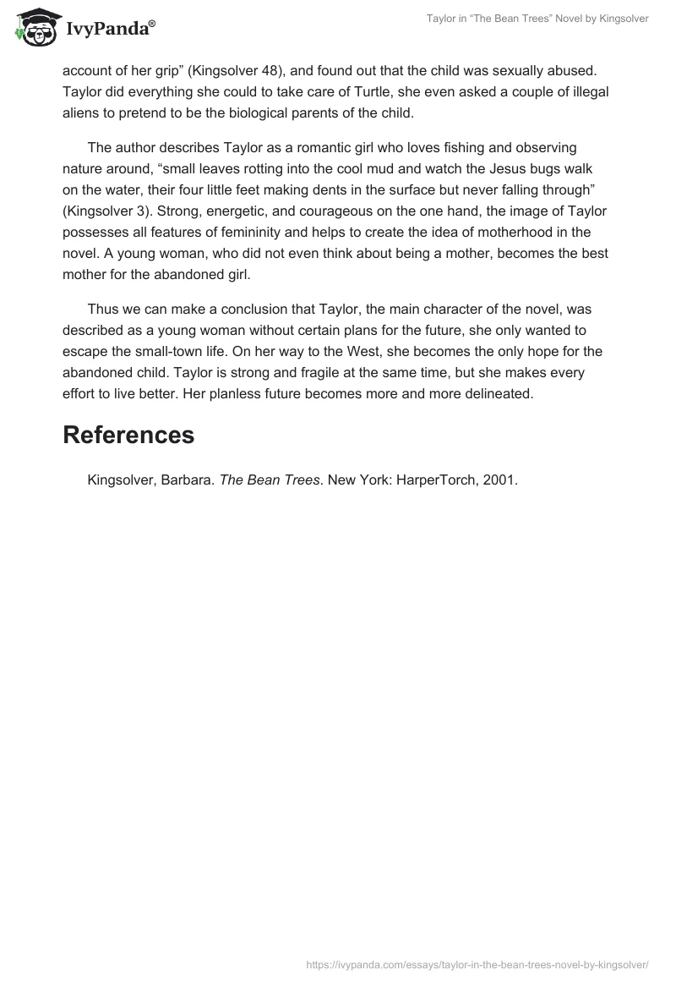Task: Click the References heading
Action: pyautogui.click(x=128, y=435)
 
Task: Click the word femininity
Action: pyautogui.click(x=273, y=232)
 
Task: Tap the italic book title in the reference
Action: pyautogui.click(x=270, y=480)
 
